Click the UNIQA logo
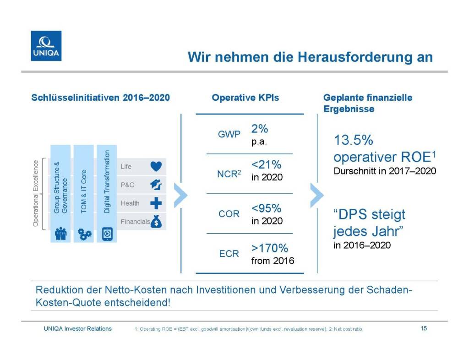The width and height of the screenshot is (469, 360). (x=46, y=45)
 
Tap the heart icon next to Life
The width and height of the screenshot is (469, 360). (x=156, y=167)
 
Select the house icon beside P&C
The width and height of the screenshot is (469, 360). (x=156, y=185)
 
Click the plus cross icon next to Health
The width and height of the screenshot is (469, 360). (x=156, y=203)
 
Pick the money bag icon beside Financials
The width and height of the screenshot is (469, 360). (x=156, y=222)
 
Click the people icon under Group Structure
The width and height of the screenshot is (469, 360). (x=60, y=234)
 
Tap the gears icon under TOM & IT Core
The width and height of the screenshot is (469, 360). (x=85, y=234)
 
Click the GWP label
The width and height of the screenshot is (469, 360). (x=229, y=135)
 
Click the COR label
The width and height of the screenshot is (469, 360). (x=229, y=214)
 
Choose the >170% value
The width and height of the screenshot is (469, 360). (x=269, y=249)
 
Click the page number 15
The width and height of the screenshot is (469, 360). (x=424, y=328)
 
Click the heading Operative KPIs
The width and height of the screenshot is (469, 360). (x=245, y=98)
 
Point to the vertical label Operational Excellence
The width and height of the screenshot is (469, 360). (x=36, y=192)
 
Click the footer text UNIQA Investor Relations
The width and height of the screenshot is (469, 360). (x=77, y=328)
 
